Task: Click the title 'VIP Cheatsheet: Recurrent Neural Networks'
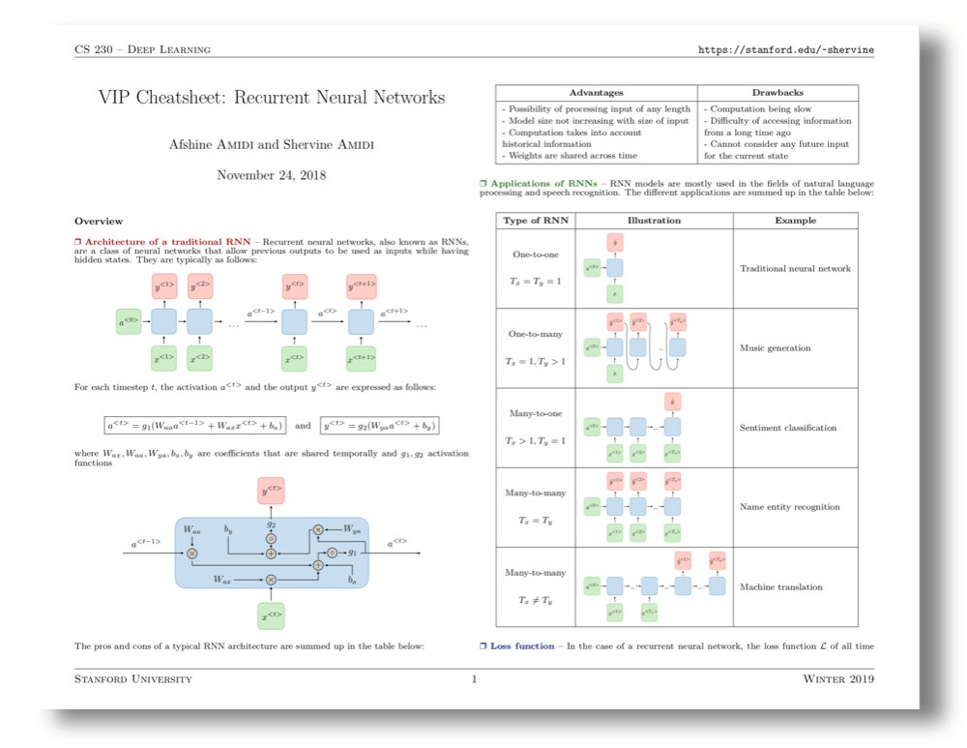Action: [272, 98]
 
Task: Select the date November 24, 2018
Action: [272, 175]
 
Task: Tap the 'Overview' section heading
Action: [98, 221]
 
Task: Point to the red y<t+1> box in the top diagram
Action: [361, 286]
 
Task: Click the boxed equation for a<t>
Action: [195, 425]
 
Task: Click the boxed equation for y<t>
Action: [378, 425]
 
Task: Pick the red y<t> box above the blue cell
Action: [272, 492]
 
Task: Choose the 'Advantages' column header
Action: [597, 92]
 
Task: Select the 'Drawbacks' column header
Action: [778, 92]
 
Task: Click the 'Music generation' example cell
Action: [775, 347]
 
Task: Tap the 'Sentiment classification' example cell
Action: [788, 428]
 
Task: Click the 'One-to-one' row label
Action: [535, 254]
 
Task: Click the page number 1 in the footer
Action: [474, 679]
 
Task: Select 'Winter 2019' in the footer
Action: [838, 679]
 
